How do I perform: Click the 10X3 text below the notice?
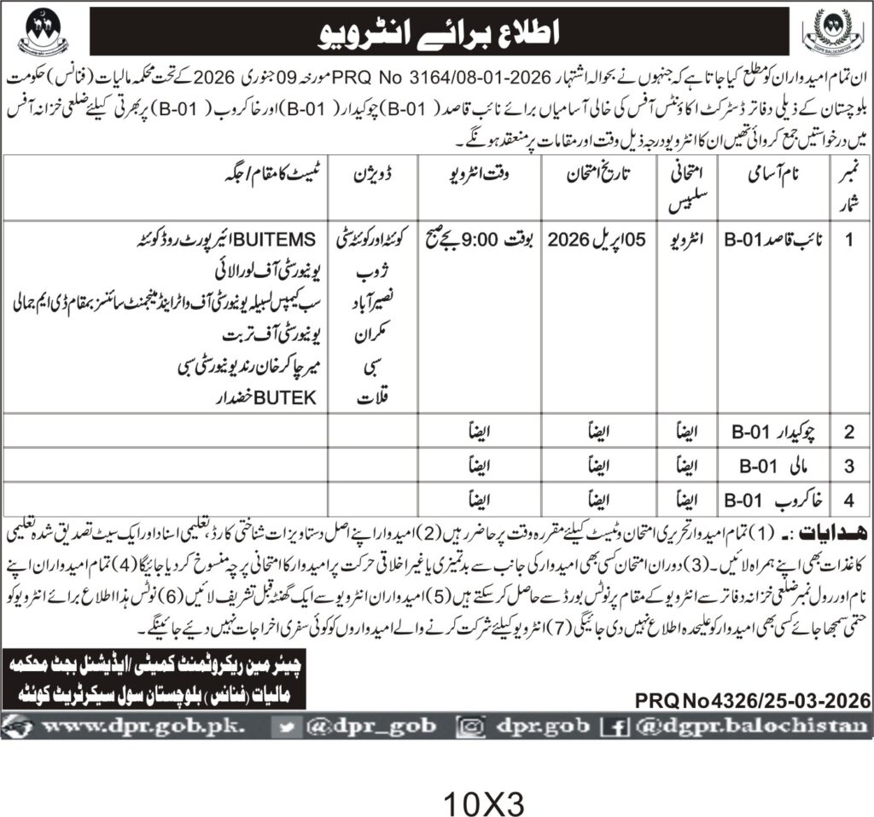coord(483,801)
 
